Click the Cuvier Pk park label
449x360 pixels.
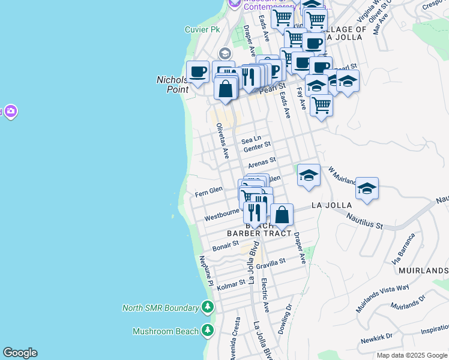click(203, 29)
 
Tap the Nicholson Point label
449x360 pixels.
click(173, 84)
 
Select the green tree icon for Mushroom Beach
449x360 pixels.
click(207, 331)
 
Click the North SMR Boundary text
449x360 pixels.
click(160, 308)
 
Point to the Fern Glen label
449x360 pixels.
click(209, 191)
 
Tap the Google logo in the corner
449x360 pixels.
click(20, 353)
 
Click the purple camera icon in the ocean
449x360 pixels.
click(10, 112)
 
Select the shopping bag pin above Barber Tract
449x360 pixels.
click(282, 215)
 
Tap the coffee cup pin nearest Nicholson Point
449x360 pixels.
click(197, 72)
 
